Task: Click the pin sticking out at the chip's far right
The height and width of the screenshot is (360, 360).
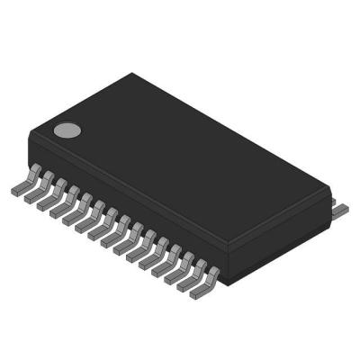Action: coord(340,209)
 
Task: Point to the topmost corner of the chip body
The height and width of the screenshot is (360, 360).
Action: coord(131,74)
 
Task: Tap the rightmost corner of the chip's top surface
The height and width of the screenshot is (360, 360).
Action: coord(329,191)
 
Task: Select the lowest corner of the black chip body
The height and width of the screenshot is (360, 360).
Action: coord(220,285)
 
